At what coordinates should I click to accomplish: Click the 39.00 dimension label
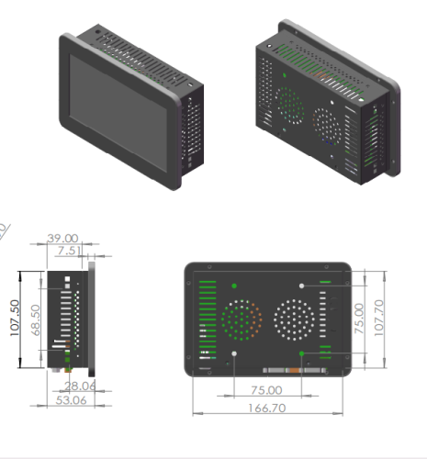pos(63,239)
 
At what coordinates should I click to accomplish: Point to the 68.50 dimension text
pos(36,319)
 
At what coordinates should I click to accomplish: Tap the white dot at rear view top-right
pos(302,285)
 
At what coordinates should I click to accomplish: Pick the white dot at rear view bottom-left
pos(235,353)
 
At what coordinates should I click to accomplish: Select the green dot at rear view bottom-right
pos(302,353)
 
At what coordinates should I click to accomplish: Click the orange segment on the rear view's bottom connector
pos(294,370)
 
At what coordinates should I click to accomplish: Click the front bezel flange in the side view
pos(92,317)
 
